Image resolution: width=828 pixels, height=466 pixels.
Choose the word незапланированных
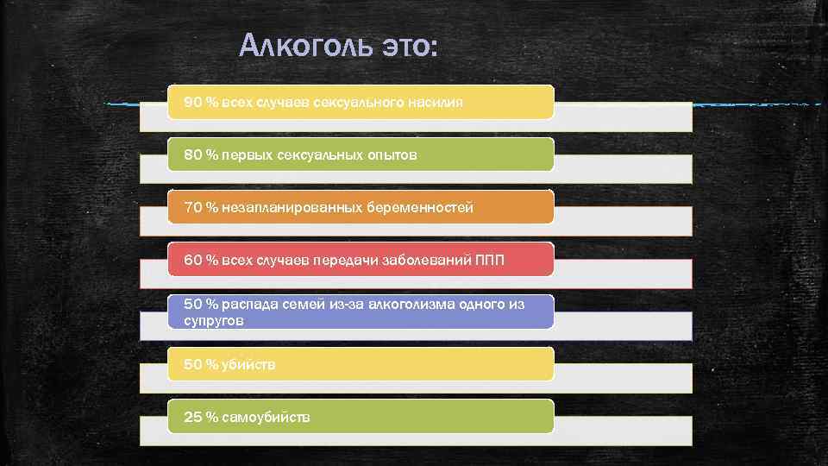[x=292, y=208]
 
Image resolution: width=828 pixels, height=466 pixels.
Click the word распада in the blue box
[x=248, y=304]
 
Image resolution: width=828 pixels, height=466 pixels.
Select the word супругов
[x=214, y=320]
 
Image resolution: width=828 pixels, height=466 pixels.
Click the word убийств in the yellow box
[x=248, y=365]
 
